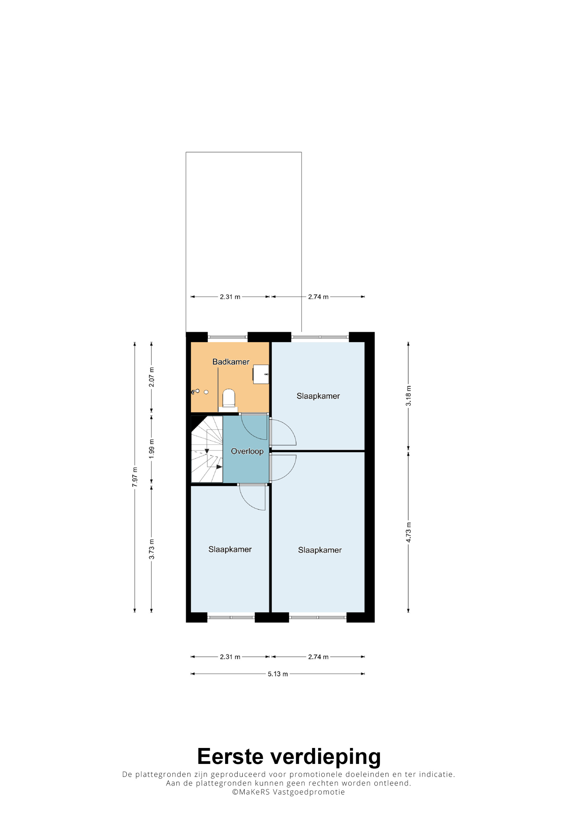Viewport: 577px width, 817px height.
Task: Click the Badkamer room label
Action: pos(231,362)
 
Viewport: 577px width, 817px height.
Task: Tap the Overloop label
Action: pos(247,452)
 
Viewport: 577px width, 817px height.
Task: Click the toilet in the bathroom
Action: pos(228,399)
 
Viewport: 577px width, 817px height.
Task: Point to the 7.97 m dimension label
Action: pos(135,477)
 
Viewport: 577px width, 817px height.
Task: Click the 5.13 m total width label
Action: pos(278,674)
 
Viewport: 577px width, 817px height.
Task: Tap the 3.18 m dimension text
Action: pos(409,396)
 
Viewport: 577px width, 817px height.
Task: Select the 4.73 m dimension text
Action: pos(409,533)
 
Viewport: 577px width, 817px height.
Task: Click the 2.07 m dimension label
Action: pos(151,377)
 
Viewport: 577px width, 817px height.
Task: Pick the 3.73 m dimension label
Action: pos(151,549)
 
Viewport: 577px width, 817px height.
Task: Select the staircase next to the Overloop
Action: pos(207,449)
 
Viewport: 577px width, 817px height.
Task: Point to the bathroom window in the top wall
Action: pos(228,337)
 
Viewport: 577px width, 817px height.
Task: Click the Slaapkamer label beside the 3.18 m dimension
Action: pos(318,396)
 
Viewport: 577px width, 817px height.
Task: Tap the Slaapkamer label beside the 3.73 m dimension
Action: pos(230,549)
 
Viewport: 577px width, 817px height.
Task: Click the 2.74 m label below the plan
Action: pos(318,657)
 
